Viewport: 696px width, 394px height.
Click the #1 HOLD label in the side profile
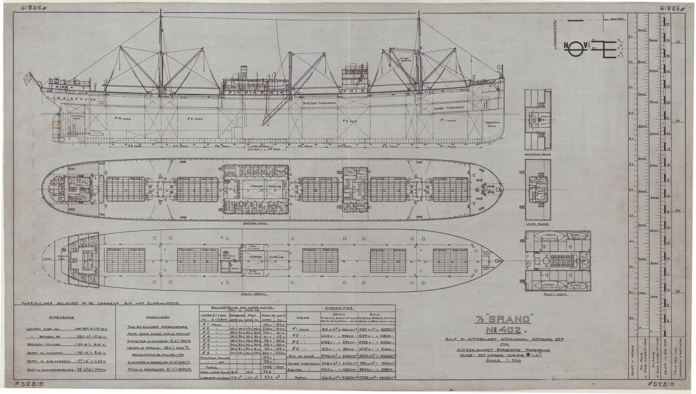pos(447,121)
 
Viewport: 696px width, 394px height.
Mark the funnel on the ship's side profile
pos(244,73)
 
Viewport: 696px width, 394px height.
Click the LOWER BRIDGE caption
pos(537,222)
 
